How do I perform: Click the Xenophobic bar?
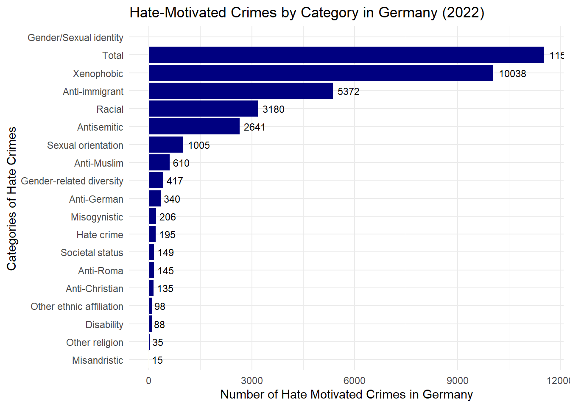click(321, 73)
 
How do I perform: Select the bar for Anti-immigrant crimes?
click(240, 91)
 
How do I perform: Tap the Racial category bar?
click(203, 109)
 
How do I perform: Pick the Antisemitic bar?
click(194, 127)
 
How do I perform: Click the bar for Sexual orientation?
click(166, 145)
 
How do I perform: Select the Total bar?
click(346, 55)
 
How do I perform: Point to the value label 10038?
click(512, 74)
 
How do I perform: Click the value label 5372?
click(348, 92)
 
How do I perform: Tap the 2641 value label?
click(254, 127)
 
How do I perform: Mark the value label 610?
click(181, 163)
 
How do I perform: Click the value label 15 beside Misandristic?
click(157, 360)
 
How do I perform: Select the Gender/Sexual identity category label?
click(75, 38)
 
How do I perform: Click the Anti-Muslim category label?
click(99, 163)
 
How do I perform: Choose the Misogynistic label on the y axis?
click(97, 217)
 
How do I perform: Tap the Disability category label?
click(104, 325)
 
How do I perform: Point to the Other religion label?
click(95, 343)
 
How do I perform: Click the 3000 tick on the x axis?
click(252, 380)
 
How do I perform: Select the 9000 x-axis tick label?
click(458, 380)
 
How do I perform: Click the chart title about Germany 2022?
click(307, 13)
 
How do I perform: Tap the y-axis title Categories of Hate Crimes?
click(11, 198)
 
